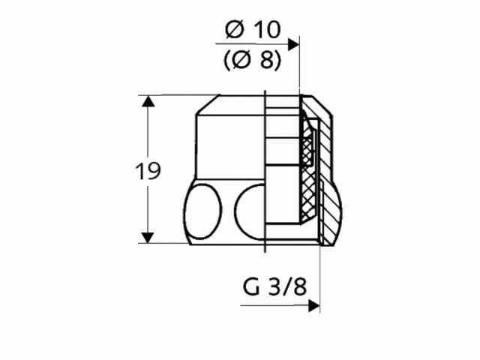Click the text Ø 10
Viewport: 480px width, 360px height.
click(252, 30)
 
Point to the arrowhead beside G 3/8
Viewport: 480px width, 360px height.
click(315, 306)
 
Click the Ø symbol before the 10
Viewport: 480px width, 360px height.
click(233, 30)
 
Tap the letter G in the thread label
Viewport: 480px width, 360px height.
click(250, 287)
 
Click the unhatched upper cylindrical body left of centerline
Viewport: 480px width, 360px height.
click(229, 142)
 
